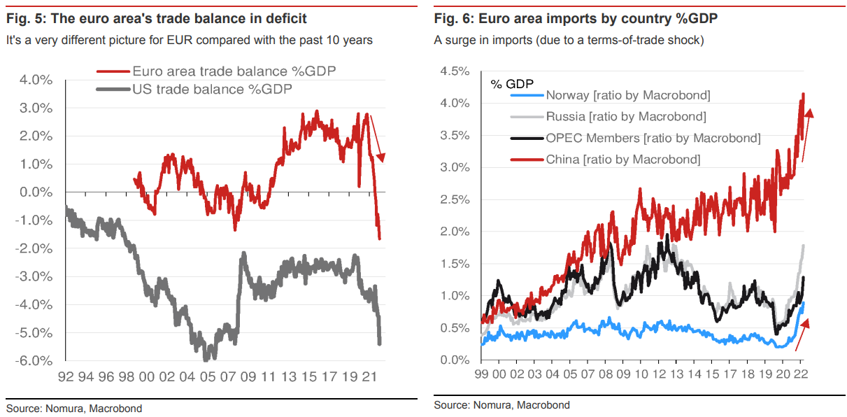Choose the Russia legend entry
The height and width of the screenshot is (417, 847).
pyautogui.click(x=626, y=117)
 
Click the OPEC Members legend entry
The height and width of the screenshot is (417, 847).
pyautogui.click(x=653, y=138)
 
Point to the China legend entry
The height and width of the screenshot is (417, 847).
pyautogui.click(x=622, y=159)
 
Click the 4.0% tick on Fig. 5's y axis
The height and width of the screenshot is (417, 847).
pyautogui.click(x=35, y=80)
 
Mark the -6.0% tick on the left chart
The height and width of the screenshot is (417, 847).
pyautogui.click(x=34, y=361)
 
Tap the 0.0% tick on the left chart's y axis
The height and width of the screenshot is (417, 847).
pyautogui.click(x=35, y=192)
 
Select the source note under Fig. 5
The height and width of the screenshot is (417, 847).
pyautogui.click(x=74, y=408)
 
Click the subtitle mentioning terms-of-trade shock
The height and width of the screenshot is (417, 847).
pyautogui.click(x=569, y=41)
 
